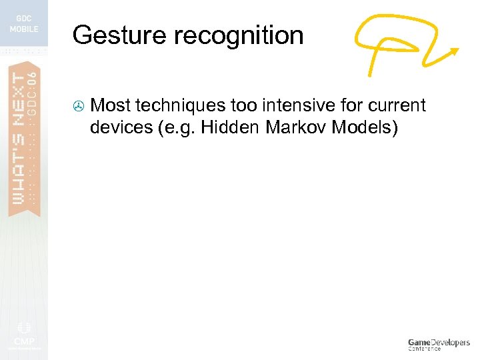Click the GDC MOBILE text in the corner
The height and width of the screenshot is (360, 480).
pyautogui.click(x=23, y=24)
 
